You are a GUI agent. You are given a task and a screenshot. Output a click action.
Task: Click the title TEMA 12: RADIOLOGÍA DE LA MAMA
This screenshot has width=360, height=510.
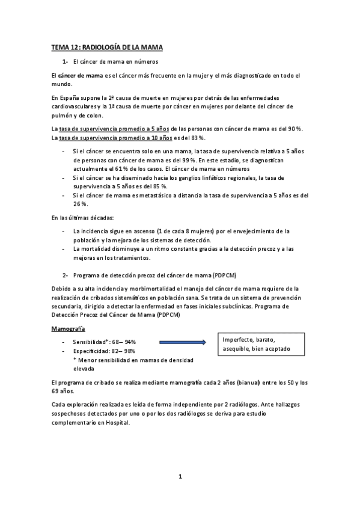pyautogui.click(x=107, y=47)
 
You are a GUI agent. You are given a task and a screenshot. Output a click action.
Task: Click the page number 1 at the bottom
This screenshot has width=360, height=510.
pyautogui.click(x=180, y=477)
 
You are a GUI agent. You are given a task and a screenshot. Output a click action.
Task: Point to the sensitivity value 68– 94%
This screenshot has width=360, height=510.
pyautogui.click(x=125, y=341)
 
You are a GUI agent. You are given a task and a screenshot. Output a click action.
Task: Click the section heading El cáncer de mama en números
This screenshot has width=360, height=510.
pyautogui.click(x=115, y=61)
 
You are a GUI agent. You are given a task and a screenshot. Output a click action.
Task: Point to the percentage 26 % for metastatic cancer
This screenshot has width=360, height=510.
pyautogui.click(x=79, y=204)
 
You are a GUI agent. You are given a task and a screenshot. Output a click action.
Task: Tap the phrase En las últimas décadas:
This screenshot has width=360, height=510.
pyautogui.click(x=77, y=217)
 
